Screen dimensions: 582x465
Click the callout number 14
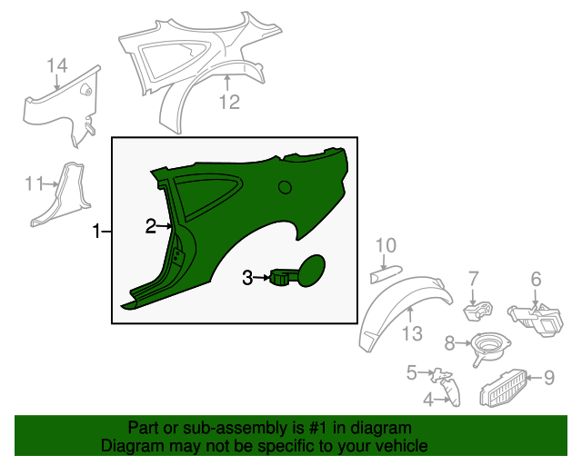pos(57,65)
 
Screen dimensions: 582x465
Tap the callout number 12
pos(229,102)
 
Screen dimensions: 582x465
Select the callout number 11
pos(34,183)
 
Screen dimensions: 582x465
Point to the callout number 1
pos(96,232)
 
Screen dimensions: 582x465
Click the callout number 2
pos(151,226)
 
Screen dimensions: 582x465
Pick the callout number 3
pos(247,277)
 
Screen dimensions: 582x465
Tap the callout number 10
pos(386,245)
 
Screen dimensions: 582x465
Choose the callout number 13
pos(412,333)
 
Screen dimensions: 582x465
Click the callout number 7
pos(473,279)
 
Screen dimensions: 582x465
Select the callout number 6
pos(536,279)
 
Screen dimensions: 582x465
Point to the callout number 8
pos(449,343)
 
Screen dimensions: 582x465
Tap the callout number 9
pos(549,378)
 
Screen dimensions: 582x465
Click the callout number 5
pos(412,372)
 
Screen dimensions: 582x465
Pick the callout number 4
pos(428,400)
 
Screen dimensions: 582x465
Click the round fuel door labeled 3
pos(312,271)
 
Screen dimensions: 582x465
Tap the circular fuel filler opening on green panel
pos(285,187)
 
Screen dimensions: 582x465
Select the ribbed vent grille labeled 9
pos(504,388)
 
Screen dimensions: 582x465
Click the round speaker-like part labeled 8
pos(491,347)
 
